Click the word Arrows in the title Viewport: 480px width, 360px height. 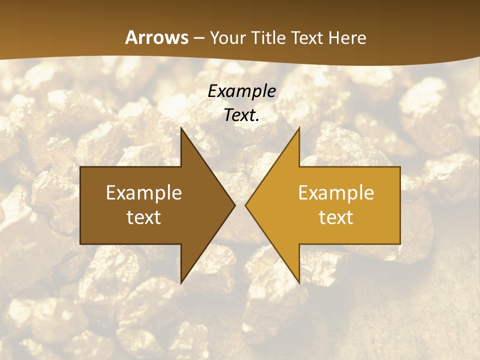[156, 37]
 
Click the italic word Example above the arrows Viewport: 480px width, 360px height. [242, 91]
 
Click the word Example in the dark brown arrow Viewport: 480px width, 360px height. [144, 193]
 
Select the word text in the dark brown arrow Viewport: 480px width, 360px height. [144, 217]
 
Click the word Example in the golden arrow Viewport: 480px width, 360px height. [336, 193]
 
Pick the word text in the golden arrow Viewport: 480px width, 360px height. [336, 217]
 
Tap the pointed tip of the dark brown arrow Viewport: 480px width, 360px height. [234, 205]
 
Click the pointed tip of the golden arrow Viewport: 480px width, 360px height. [246, 205]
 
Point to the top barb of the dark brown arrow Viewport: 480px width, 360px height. [182, 131]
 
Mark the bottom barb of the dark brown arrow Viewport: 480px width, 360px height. [182, 280]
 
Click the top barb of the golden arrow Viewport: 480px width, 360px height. [298, 131]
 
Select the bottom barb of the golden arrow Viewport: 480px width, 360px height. [298, 280]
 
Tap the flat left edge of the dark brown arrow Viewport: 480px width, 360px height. [81, 205]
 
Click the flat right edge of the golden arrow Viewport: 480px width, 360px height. [399, 205]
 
